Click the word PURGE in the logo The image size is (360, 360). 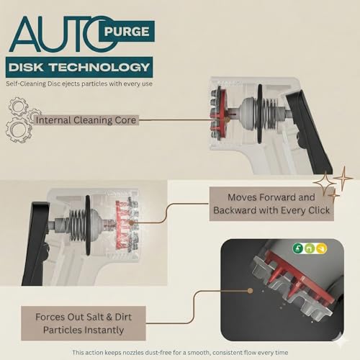127,31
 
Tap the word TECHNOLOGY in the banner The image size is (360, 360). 100,67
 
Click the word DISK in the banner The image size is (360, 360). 26,67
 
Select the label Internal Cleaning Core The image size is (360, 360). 86,120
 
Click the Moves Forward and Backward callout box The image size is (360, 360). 271,204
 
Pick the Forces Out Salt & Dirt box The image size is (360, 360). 84,323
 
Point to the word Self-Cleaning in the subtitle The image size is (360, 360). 26,84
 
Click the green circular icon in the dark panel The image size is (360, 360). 298,248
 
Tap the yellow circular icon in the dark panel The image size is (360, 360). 322,248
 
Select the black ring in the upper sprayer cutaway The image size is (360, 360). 260,114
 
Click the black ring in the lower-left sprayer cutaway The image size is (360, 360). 88,225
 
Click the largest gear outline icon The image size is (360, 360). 19,130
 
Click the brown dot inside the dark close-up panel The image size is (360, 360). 250,291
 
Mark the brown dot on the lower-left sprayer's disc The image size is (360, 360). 131,222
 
